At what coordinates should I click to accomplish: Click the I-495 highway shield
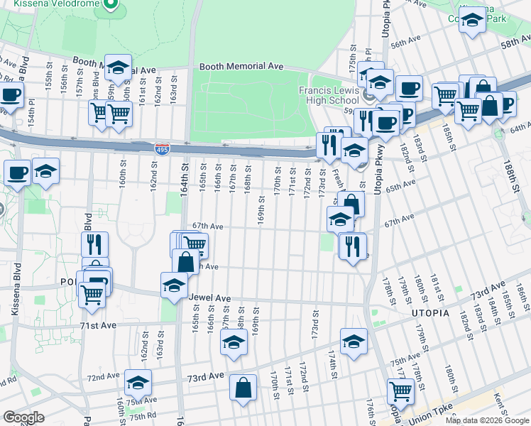coord(161,148)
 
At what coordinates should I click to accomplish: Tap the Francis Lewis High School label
coord(329,95)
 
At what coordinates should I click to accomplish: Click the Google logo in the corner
coord(23,417)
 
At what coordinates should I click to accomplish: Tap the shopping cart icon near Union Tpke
coord(401,390)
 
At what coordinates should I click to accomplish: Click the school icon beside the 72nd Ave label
coord(138,383)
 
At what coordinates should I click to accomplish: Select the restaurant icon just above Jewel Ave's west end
coord(94,244)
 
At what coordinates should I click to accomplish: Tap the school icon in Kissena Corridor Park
coord(472,23)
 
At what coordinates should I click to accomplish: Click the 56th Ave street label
coord(405,43)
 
